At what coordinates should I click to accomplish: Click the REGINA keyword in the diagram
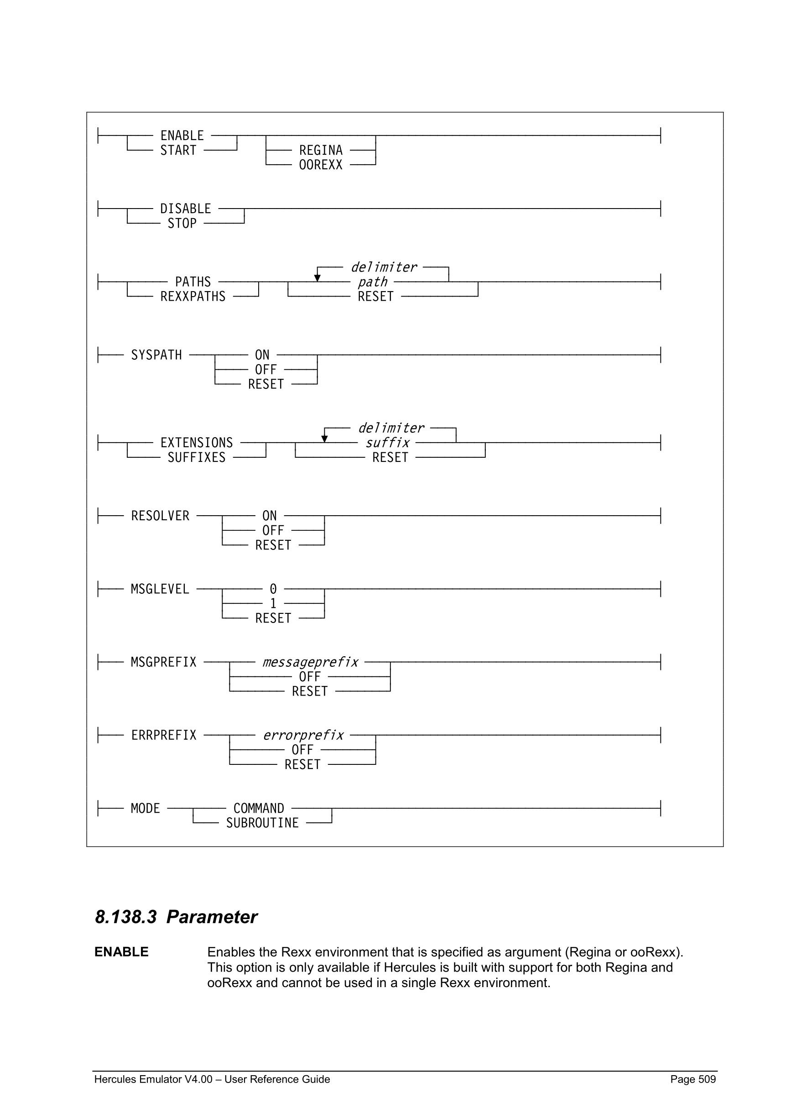(321, 150)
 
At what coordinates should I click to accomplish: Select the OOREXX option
(321, 165)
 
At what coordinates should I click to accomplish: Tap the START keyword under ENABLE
(178, 150)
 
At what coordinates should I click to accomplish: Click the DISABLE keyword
(186, 209)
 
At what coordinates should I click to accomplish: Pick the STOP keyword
(182, 223)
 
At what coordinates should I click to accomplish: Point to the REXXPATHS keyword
(193, 296)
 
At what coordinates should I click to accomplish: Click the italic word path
(373, 282)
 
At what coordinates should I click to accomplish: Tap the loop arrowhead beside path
(317, 278)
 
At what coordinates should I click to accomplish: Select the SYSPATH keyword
(156, 355)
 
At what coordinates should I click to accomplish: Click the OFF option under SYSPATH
(265, 370)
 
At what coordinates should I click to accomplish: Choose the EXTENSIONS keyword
(197, 443)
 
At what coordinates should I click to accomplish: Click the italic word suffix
(387, 443)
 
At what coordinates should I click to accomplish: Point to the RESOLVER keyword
(160, 516)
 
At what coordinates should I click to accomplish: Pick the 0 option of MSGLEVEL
(273, 589)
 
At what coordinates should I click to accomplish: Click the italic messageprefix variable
(310, 662)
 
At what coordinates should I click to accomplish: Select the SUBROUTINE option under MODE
(262, 823)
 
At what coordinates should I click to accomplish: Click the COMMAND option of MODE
(259, 808)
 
